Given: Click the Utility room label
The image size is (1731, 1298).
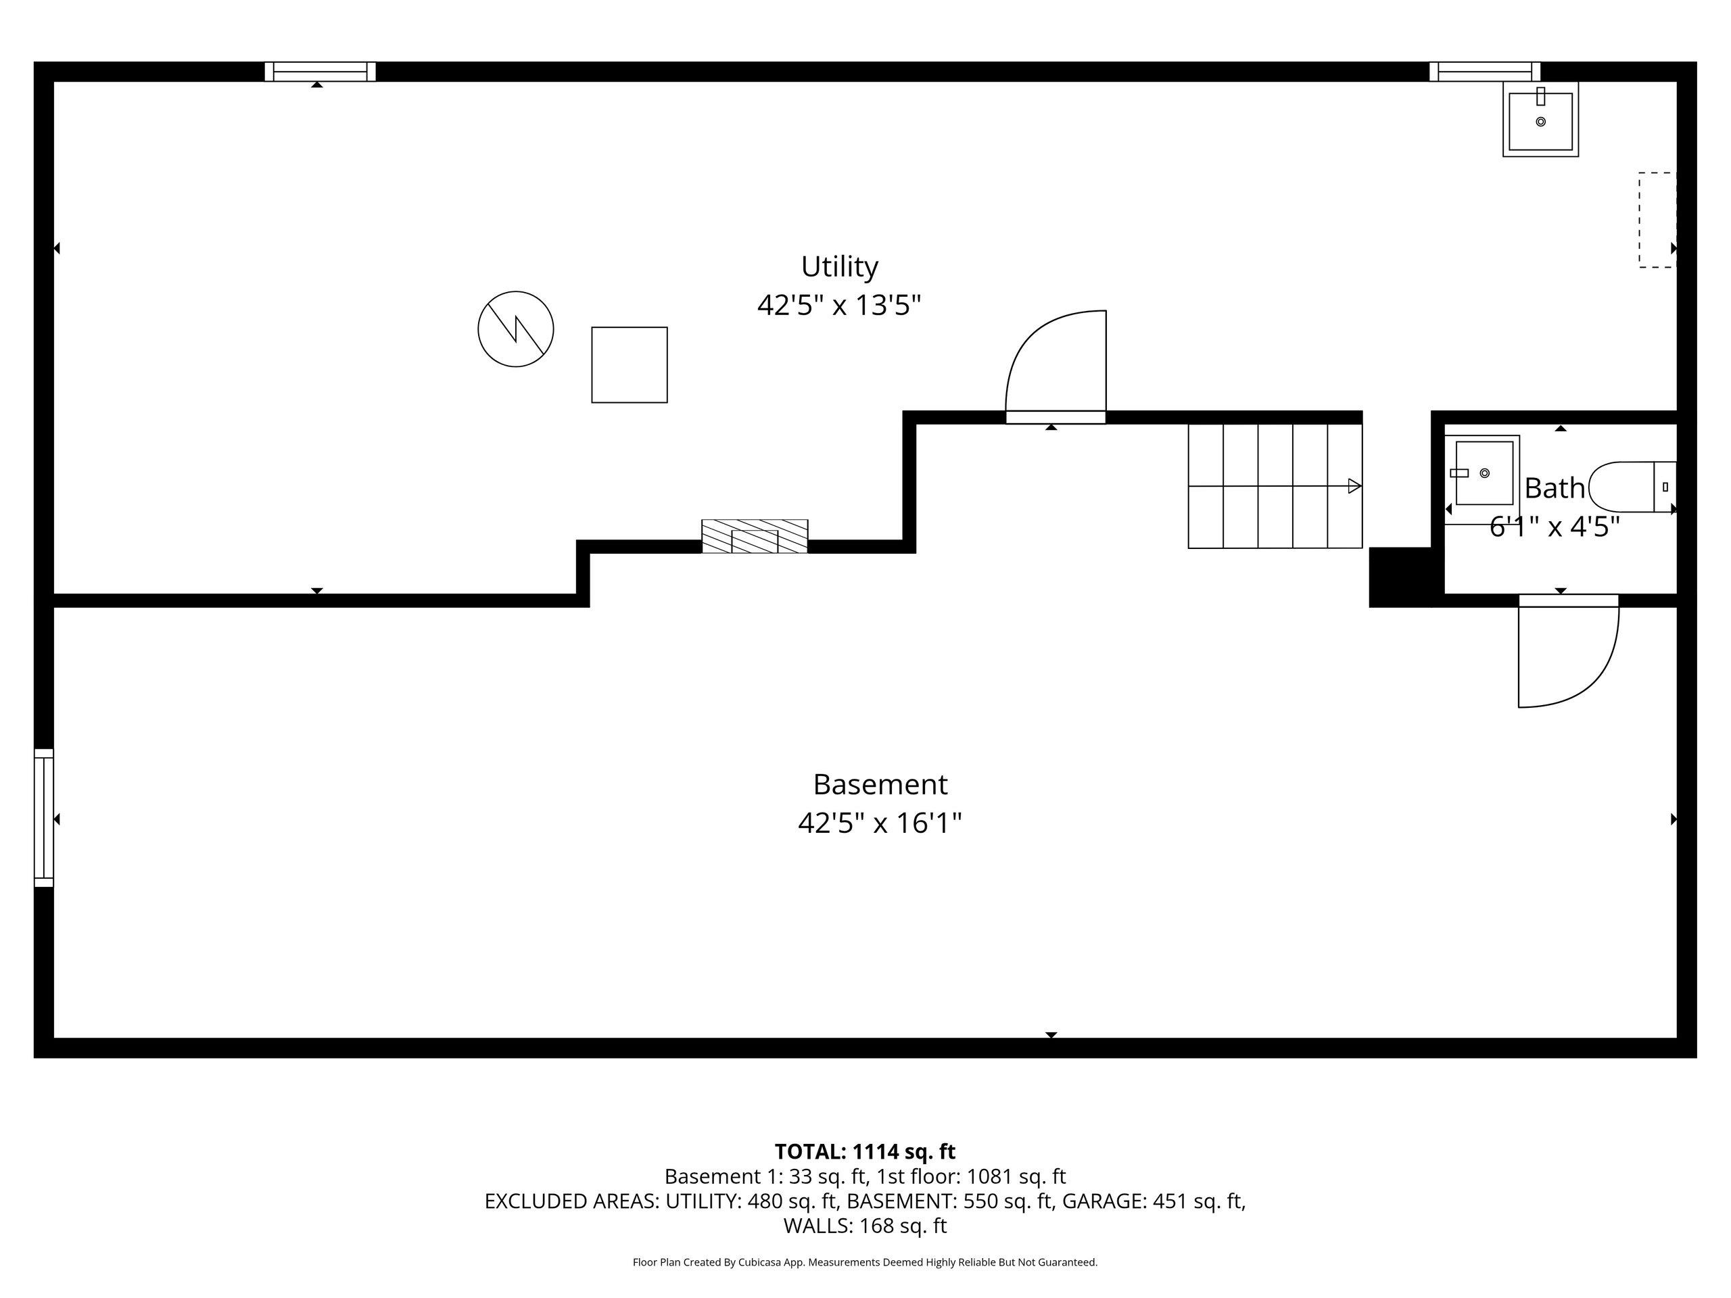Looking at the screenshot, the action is coord(839,267).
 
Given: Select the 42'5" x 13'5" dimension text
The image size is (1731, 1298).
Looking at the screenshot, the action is coord(839,305).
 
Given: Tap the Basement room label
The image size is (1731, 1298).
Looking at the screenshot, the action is coord(880,784).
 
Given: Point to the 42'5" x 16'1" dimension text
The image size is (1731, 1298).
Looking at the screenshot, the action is coord(880,823).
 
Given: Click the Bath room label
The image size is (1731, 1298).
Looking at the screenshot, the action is coord(1554,488).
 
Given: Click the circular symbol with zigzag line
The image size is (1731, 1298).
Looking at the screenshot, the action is coord(516,329).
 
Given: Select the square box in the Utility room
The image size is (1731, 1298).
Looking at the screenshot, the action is coord(629,364).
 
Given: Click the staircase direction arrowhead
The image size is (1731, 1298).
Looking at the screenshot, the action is coord(1354,486).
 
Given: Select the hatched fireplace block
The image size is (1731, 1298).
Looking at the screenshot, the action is coord(755,536).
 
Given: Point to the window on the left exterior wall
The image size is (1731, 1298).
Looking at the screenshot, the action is coord(44,817).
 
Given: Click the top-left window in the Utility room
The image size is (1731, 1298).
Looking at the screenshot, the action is coord(320,71).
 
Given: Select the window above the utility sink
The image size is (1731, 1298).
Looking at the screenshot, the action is coord(1484,71).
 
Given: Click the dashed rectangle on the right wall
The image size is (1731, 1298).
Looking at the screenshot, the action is coord(1657,220).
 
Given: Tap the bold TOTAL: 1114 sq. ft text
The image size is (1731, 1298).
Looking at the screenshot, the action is coord(865,1152).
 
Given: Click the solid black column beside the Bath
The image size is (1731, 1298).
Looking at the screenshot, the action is coord(1400,577).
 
